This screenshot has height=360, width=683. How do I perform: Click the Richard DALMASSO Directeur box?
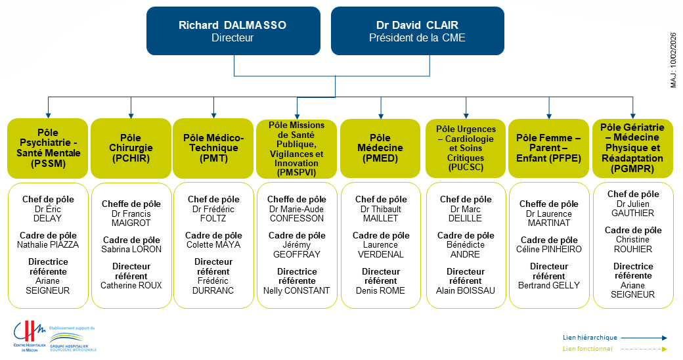tap(233, 31)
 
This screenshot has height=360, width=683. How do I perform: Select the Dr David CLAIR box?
tap(417, 31)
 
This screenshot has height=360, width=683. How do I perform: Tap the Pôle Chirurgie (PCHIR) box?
tap(130, 148)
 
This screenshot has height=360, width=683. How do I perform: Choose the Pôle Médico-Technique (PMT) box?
tap(213, 148)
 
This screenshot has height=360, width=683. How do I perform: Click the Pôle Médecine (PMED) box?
tap(380, 148)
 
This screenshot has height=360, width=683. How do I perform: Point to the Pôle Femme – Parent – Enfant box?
tap(548, 148)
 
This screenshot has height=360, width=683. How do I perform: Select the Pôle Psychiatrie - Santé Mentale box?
tap(47, 148)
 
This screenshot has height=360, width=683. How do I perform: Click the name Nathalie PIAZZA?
tap(47, 244)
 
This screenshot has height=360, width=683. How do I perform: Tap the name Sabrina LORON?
tap(131, 249)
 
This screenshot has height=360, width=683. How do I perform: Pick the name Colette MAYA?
tap(213, 244)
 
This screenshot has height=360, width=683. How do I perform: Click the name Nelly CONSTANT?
tap(297, 290)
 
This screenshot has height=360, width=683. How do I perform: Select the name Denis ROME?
tap(380, 290)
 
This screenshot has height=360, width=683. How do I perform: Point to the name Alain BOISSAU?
tap(466, 290)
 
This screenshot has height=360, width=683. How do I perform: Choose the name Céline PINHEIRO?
tap(549, 249)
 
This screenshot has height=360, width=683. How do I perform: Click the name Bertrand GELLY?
tap(549, 285)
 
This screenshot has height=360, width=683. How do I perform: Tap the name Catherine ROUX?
tap(131, 285)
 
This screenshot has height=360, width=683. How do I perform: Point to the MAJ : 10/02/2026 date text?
tap(673, 62)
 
